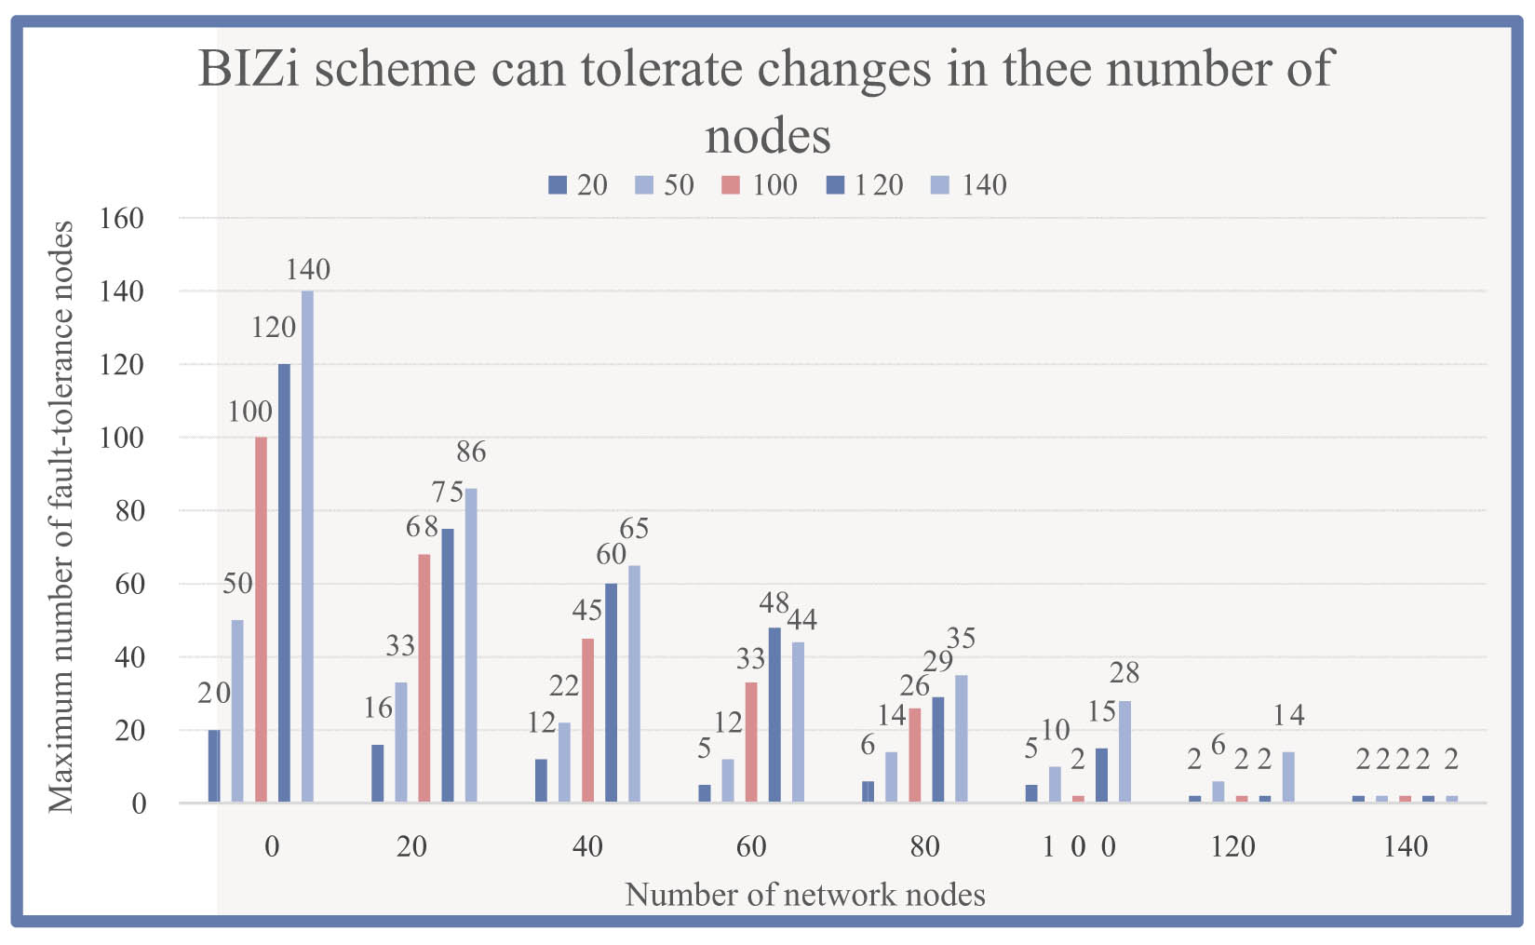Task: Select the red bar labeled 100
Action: [261, 619]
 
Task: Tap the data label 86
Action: [471, 452]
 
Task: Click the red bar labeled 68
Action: [424, 678]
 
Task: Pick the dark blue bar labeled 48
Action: [774, 714]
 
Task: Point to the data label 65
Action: [634, 529]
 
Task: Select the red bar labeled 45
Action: [587, 720]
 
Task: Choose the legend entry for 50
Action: [666, 185]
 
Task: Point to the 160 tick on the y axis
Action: [122, 219]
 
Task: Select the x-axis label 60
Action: [751, 846]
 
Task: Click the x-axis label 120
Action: [1233, 846]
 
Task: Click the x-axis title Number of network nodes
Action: [804, 895]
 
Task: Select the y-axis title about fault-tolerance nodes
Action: [61, 517]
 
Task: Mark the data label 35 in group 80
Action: [961, 639]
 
